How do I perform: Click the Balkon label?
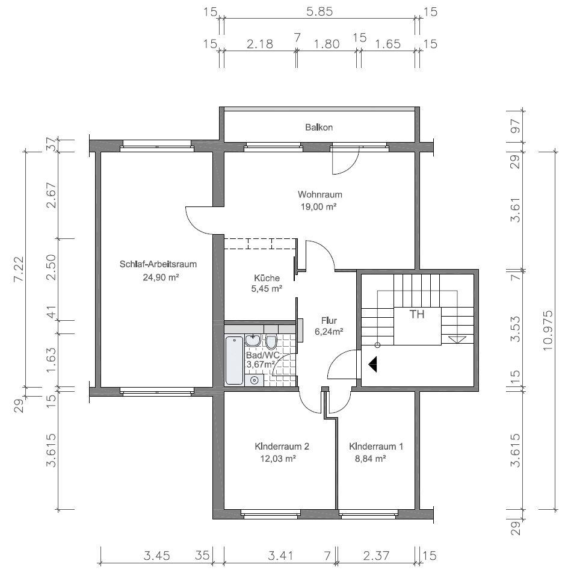[319, 128]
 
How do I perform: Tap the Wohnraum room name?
[319, 194]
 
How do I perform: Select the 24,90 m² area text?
[161, 277]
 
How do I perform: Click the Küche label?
[267, 278]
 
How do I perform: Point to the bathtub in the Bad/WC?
[234, 361]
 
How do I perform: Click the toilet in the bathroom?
[271, 342]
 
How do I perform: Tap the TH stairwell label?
[416, 314]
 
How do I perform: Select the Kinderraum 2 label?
[282, 447]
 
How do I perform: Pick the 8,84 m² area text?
[371, 459]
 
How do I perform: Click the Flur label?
[329, 321]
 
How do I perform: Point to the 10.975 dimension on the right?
[548, 330]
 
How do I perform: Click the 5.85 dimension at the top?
[319, 11]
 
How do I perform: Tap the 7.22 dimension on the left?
[18, 268]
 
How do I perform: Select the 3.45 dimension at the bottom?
[156, 556]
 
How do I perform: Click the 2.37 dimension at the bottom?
[376, 556]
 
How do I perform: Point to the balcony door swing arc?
[350, 167]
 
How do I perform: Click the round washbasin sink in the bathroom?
[253, 341]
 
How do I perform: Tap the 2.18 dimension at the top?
[260, 44]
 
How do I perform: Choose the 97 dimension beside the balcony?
[516, 126]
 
